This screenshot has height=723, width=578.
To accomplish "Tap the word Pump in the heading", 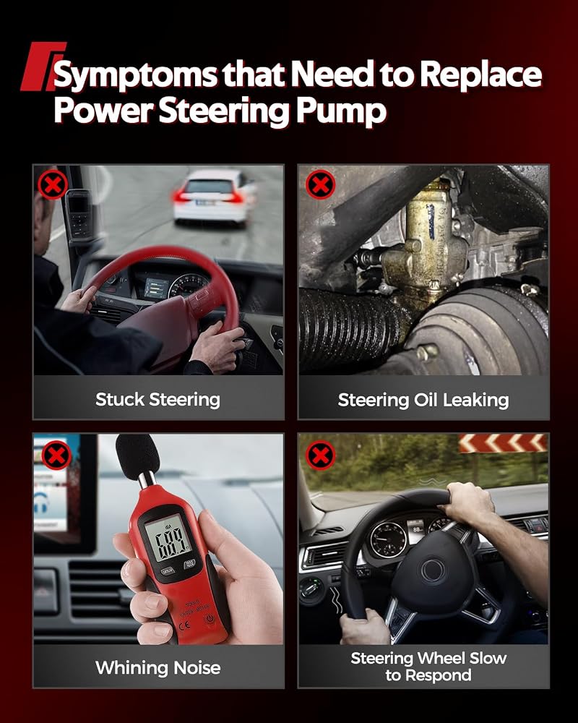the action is click(340, 112).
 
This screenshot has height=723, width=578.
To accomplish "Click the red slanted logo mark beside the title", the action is click(43, 66).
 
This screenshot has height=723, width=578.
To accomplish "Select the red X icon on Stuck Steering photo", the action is click(53, 185).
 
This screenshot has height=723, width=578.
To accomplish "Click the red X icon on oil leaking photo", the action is click(320, 184).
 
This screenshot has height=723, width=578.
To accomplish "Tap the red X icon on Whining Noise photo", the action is click(56, 455).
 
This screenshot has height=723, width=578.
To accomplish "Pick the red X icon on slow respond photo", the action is click(320, 455).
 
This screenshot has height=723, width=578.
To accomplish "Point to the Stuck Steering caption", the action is click(158, 399).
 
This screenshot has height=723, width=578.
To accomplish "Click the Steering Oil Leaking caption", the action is click(423, 400).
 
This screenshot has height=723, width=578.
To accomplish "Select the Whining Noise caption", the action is click(158, 667).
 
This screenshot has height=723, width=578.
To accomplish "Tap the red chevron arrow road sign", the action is click(503, 444).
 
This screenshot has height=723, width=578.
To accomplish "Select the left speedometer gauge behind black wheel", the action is click(389, 539).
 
